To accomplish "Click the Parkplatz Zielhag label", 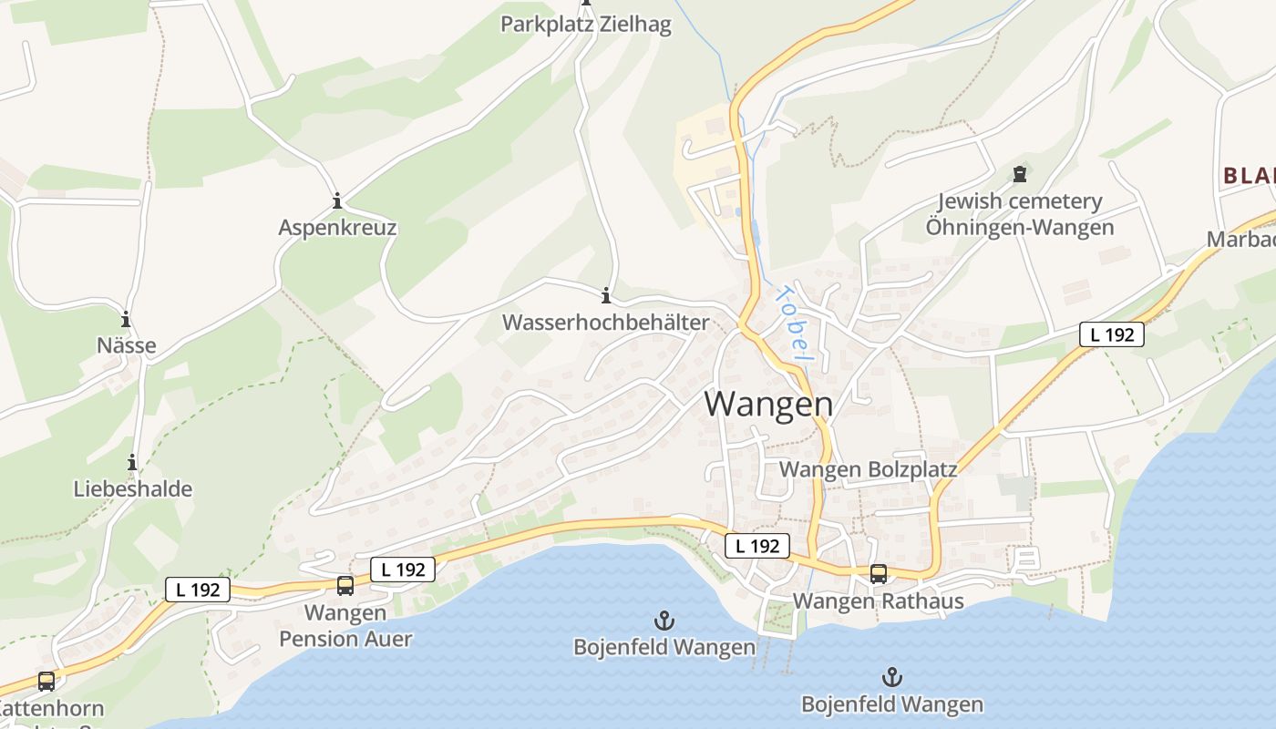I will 585,25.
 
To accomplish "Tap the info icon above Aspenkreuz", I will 337,200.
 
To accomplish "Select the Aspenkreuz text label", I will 337,228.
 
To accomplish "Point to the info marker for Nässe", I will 126,320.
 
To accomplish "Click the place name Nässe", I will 126,346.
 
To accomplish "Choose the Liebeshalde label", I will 133,489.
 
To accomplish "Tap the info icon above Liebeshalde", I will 133,463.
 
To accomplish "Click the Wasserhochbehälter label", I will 605,323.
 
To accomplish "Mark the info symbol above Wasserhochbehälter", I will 605,295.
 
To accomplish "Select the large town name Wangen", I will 768,404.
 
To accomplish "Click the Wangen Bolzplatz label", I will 869,469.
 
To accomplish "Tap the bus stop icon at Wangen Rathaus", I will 879,574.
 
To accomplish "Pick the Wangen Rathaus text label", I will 878,601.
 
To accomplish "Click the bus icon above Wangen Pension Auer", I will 345,586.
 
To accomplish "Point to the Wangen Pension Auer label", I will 345,626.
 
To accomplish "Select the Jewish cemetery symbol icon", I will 1020,174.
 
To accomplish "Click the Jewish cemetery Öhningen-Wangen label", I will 1020,214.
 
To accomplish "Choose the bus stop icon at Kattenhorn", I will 46,681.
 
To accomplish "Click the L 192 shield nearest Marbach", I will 1112,334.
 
